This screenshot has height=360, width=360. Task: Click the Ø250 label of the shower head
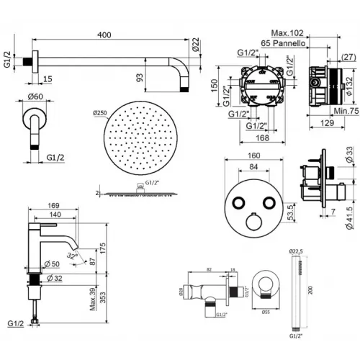click(x=102, y=114)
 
